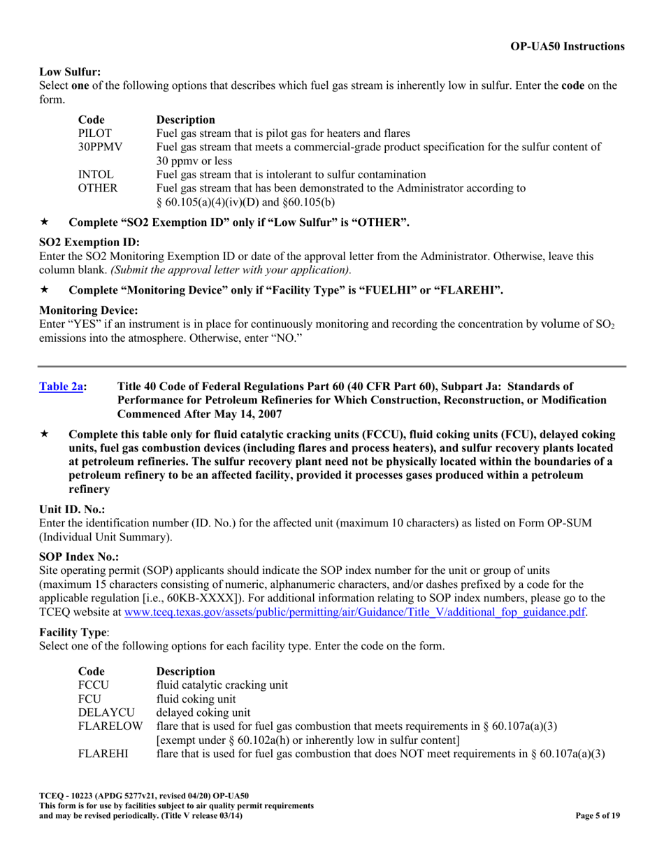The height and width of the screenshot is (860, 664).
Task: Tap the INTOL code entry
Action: (x=96, y=174)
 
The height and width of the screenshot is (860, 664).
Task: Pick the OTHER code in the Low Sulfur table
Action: (x=97, y=188)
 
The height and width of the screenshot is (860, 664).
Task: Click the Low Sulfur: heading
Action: (x=70, y=71)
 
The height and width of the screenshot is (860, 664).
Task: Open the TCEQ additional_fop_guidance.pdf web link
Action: (x=354, y=611)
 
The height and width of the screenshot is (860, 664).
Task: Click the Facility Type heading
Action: (x=71, y=631)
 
